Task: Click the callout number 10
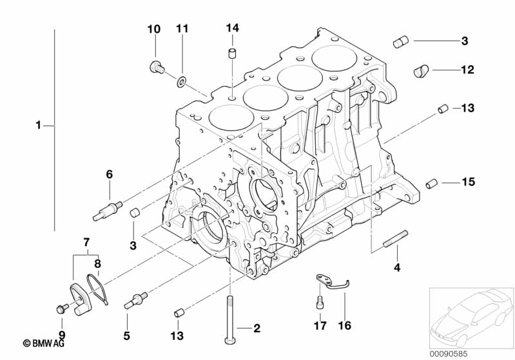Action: [153, 29]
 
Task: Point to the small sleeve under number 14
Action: [233, 53]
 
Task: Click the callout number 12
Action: [468, 70]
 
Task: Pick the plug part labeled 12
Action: [421, 71]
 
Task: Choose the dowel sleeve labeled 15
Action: [431, 184]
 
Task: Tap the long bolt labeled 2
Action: [229, 319]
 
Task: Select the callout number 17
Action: [320, 326]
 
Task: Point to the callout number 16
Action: [345, 326]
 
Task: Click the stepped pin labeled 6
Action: [108, 211]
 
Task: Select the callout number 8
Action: [97, 263]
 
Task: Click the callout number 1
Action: [39, 125]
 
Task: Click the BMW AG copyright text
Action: [43, 343]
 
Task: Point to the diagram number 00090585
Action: [449, 354]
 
